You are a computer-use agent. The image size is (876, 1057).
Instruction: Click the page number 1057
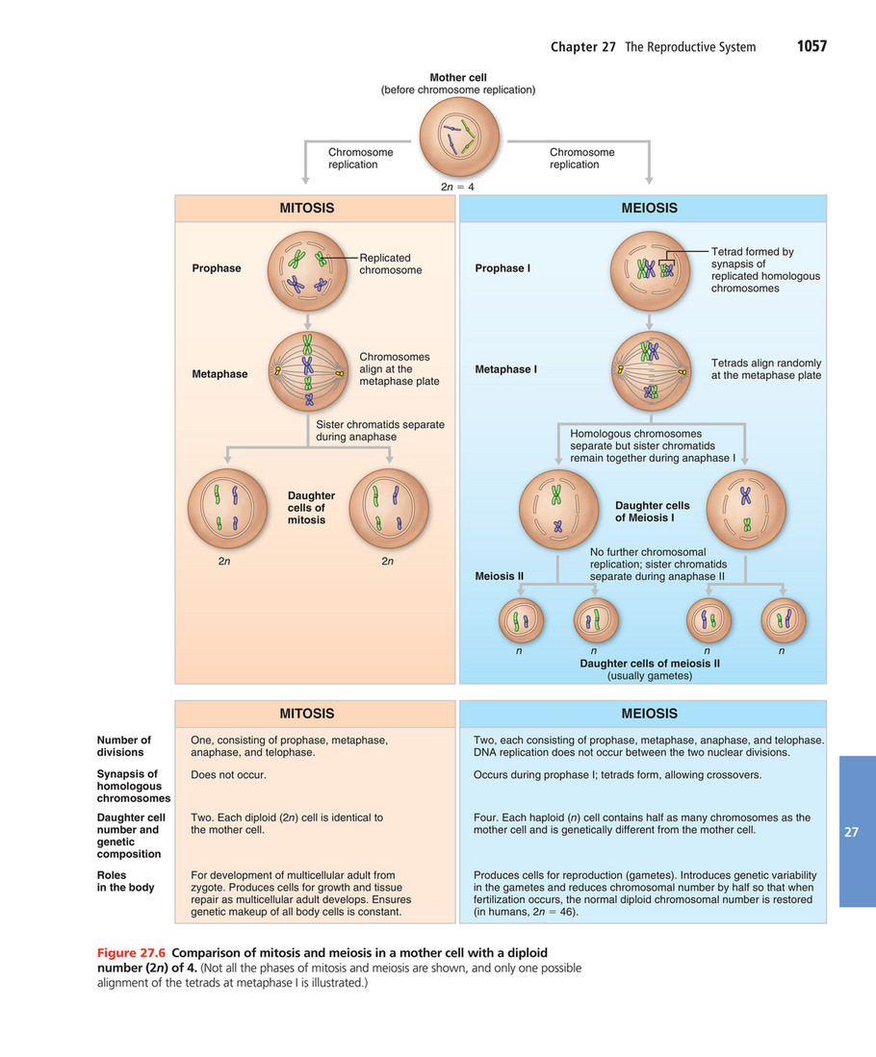coord(812,46)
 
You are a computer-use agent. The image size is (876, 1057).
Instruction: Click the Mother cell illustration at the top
coord(458,139)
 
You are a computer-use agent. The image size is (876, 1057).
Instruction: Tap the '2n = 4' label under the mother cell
coord(458,188)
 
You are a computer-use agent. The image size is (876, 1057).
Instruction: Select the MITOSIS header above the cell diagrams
coord(307,208)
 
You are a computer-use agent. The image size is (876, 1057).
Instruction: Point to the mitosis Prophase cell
coord(307,270)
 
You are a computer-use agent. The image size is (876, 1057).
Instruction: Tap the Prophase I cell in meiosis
coord(650,269)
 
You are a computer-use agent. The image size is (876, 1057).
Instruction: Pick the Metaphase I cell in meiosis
coord(652,370)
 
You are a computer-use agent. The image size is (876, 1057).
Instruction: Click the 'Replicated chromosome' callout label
coord(390,264)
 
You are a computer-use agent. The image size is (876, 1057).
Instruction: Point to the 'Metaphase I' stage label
coord(506,369)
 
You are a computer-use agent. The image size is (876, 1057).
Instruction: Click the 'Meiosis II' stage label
coord(500,577)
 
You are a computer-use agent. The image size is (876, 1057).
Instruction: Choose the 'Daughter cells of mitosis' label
coord(306,508)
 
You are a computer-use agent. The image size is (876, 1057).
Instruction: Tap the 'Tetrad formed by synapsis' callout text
coord(765,269)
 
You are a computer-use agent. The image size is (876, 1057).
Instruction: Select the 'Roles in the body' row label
coord(125,881)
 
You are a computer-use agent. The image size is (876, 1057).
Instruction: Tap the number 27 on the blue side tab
coord(851,832)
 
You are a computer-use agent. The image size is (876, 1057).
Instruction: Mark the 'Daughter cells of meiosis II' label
coord(650,664)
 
